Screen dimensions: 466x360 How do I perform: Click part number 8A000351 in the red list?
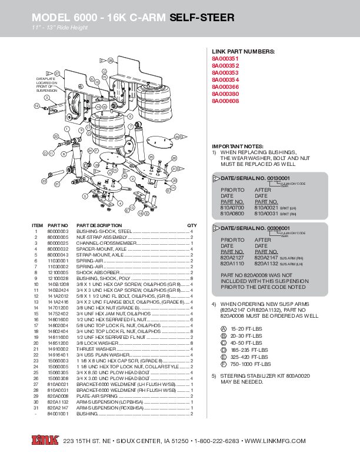click(225, 59)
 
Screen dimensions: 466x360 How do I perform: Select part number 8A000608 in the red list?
click(225, 101)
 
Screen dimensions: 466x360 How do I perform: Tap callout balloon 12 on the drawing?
click(36, 105)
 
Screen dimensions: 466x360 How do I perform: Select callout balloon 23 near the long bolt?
click(44, 181)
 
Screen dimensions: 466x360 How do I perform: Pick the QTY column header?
click(192, 225)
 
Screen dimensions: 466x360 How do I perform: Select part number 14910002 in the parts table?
click(58, 349)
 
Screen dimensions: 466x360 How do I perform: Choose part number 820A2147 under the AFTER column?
click(266, 258)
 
